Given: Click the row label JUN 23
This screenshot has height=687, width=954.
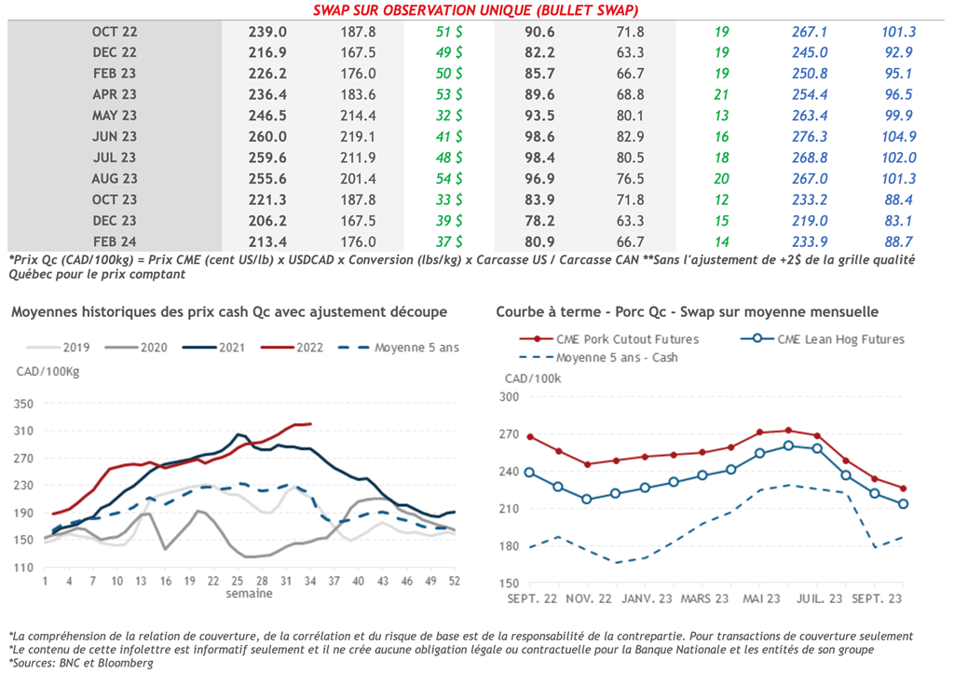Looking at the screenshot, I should pos(115,136).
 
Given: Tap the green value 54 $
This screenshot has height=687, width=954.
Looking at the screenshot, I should pos(449,178).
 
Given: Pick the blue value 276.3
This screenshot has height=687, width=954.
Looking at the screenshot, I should pos(810,136).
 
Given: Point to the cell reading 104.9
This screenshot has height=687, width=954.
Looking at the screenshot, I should pos(899,136).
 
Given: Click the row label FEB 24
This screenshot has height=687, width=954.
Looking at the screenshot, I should pos(115,241).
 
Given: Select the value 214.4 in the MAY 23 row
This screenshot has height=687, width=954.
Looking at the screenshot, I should pos(358,116).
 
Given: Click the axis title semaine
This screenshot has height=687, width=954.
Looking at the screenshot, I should pos(249,594).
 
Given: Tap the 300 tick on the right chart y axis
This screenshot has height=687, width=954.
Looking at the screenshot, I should pos(509,397).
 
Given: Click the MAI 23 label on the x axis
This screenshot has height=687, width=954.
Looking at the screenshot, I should pos(761,597).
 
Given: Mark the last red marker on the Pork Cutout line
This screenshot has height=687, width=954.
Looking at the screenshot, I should pos(903,488).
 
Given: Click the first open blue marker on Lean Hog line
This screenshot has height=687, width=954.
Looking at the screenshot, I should pos(530,473).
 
